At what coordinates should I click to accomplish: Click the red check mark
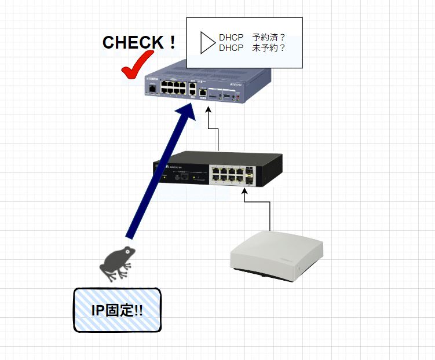[136, 65]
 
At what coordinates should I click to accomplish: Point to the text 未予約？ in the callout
[269, 48]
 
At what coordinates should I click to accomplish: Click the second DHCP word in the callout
[231, 48]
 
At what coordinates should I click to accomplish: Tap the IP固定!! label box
[117, 310]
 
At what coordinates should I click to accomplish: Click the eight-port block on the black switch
[228, 174]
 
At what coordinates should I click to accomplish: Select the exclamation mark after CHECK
[171, 42]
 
